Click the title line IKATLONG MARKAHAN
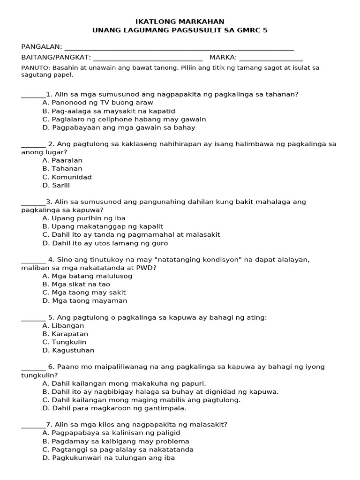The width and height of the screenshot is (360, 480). pyautogui.click(x=180, y=22)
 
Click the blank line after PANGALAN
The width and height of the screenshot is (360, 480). pyautogui.click(x=179, y=48)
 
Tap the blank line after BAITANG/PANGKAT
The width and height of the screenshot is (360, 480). pyautogui.click(x=148, y=60)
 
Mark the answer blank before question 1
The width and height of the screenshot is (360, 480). pyautogui.click(x=33, y=96)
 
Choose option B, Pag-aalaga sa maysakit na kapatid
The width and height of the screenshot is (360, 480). pyautogui.click(x=108, y=111)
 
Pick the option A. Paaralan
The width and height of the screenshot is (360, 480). pyautogui.click(x=62, y=160)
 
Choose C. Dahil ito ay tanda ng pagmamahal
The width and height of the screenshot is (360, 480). pyautogui.click(x=131, y=235)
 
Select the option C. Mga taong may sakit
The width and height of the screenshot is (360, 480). pyautogui.click(x=84, y=292)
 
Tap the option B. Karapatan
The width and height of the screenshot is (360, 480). pyautogui.click(x=65, y=334)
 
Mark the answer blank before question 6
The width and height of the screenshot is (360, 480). pyautogui.click(x=33, y=368)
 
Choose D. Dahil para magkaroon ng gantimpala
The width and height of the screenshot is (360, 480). pyautogui.click(x=111, y=408)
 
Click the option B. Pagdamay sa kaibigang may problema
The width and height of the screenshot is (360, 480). pyautogui.click(x=116, y=442)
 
